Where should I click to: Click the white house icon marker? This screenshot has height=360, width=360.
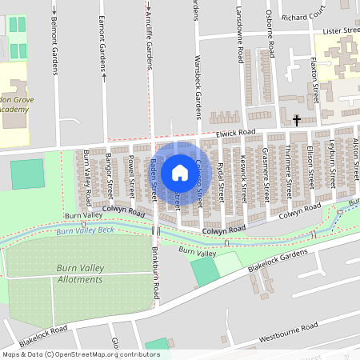(180, 172)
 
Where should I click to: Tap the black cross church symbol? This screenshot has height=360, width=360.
(297, 121)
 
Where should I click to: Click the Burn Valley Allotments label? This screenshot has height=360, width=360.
(80, 274)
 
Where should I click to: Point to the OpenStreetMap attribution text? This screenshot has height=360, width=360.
(81, 354)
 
